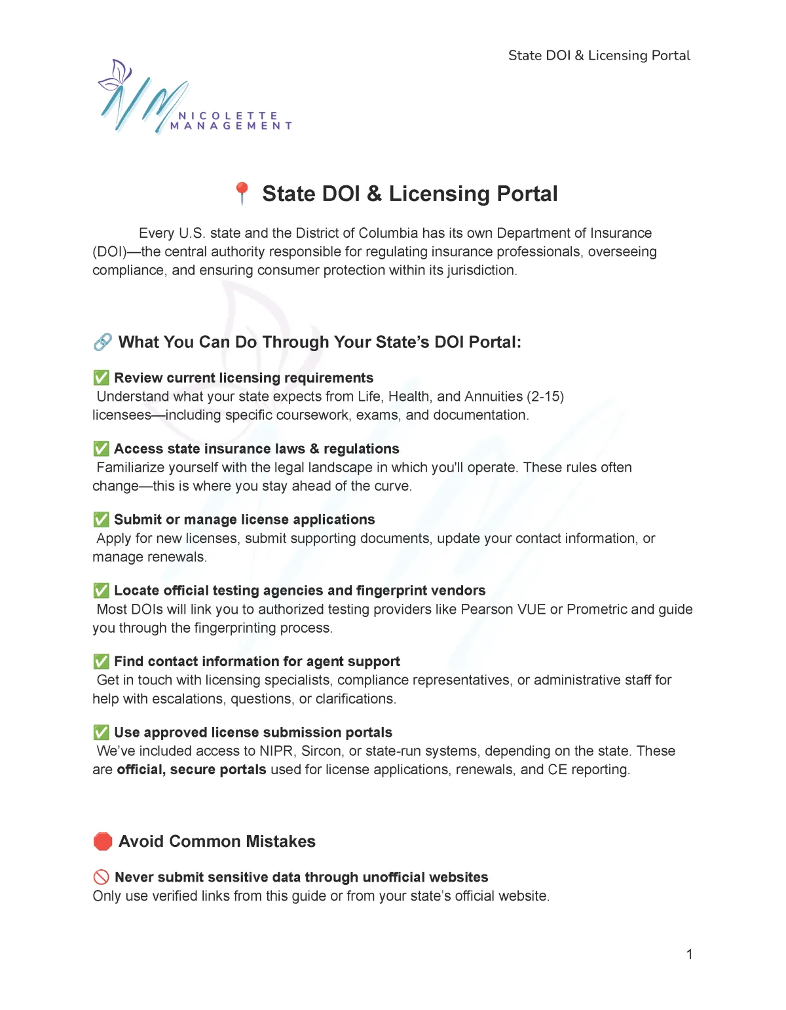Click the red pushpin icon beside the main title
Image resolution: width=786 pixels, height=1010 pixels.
click(x=242, y=193)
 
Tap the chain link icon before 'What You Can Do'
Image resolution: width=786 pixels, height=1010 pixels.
click(x=102, y=342)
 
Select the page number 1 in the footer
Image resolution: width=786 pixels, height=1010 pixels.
click(x=689, y=954)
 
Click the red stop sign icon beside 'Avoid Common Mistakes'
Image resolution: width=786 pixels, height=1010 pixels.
click(x=103, y=841)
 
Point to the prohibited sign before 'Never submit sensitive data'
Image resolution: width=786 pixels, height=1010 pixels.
click(x=102, y=877)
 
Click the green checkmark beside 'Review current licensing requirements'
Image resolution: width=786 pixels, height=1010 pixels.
click(x=102, y=378)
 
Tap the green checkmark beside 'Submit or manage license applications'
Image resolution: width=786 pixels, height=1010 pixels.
click(x=102, y=519)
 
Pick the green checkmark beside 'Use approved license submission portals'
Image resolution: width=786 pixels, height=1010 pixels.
click(x=102, y=732)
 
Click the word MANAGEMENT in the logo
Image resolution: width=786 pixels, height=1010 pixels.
click(x=231, y=126)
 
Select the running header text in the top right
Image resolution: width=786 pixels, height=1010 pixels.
click(x=599, y=56)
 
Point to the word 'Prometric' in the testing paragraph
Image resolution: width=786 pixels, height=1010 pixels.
click(x=596, y=609)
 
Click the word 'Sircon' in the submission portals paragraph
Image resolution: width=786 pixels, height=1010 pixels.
click(x=321, y=751)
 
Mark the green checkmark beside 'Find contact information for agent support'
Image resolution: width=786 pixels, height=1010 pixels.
click(x=102, y=662)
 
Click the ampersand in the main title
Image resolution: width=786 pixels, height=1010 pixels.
click(x=374, y=194)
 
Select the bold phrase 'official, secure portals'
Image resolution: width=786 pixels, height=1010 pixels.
click(x=191, y=770)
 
